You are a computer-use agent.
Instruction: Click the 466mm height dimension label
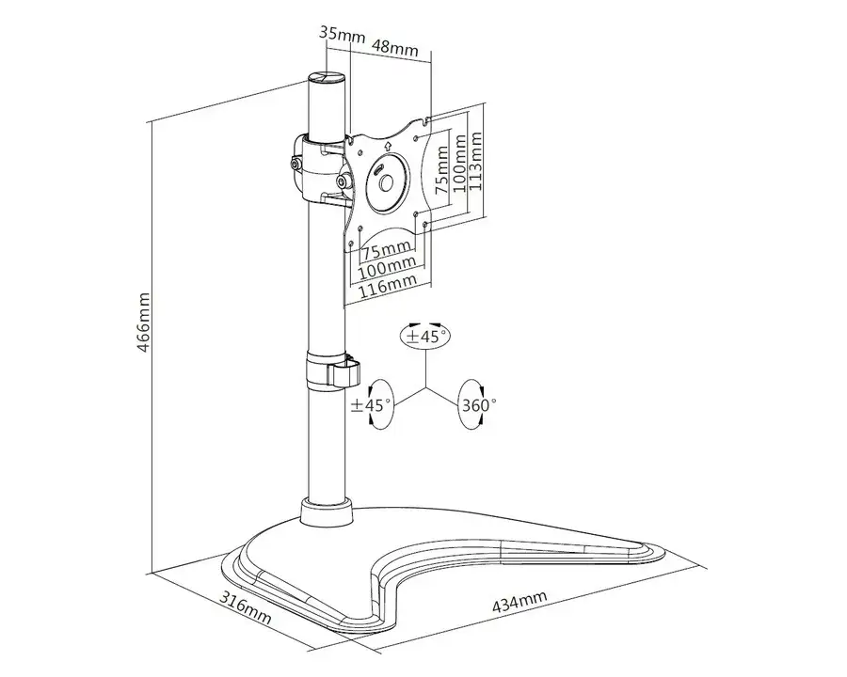coord(144,321)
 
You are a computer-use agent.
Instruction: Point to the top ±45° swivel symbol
coord(424,336)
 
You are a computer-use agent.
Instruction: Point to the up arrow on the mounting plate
coord(389,146)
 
